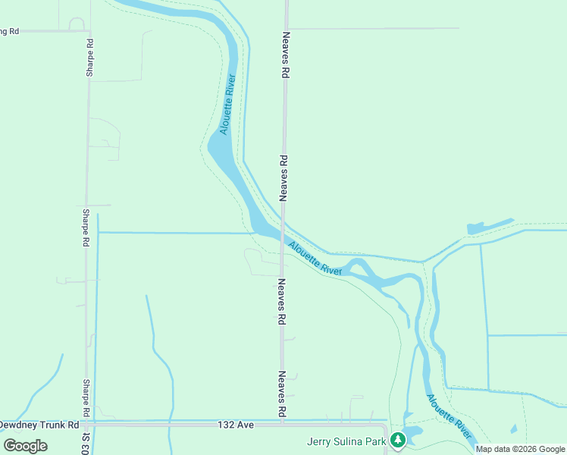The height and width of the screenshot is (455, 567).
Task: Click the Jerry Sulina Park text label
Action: (346, 441)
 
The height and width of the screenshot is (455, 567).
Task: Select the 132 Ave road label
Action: (235, 425)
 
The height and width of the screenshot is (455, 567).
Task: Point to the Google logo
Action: (25, 445)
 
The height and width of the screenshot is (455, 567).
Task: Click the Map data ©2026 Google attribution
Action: (520, 449)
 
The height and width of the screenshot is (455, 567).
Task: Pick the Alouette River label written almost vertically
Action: (227, 105)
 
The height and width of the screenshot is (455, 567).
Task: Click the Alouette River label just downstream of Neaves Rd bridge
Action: (316, 258)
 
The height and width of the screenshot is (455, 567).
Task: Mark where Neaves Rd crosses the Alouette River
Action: (283, 227)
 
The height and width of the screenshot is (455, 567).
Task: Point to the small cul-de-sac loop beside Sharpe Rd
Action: (77, 24)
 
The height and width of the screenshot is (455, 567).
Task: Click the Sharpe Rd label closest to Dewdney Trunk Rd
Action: (87, 398)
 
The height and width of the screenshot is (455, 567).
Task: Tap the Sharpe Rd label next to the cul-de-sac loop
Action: (89, 57)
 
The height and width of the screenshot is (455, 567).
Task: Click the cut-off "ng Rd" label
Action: (9, 31)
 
